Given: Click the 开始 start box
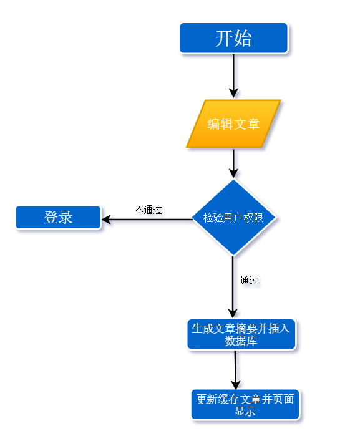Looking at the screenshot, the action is click(233, 38).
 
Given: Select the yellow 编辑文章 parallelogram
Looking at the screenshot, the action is click(233, 123).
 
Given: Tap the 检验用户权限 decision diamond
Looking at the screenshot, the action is click(233, 218).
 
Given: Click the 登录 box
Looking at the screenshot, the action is click(58, 218).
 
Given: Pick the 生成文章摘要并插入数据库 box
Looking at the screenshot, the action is click(241, 334).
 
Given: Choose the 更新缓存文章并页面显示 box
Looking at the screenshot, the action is click(245, 405).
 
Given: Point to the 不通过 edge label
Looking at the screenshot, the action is click(148, 210).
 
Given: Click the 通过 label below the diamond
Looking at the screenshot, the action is click(249, 281).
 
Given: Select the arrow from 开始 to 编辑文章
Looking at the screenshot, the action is click(233, 75).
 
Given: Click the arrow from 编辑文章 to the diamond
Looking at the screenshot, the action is click(233, 163).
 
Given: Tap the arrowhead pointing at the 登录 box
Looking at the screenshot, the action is click(106, 220).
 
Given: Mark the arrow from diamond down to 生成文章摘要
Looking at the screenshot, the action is click(233, 288).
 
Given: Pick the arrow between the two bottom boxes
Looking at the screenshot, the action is click(235, 370).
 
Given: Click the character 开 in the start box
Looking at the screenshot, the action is click(224, 38).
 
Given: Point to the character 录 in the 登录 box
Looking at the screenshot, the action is click(66, 218).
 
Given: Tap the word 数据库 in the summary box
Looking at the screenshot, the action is click(241, 341).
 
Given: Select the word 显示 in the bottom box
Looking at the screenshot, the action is click(245, 412).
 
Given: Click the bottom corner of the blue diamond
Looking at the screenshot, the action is click(233, 256).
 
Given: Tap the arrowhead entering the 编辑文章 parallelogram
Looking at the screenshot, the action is click(233, 93).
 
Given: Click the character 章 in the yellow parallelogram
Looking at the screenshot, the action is click(253, 123).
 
